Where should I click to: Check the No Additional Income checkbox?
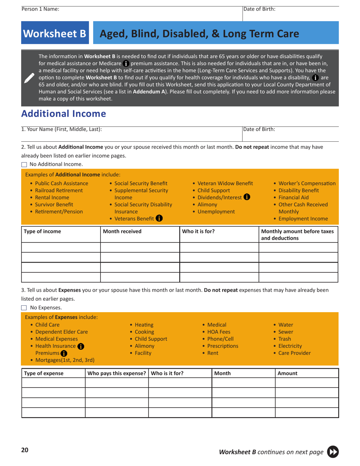pyautogui.click(x=24, y=164)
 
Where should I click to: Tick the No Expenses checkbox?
pyautogui.click(x=24, y=308)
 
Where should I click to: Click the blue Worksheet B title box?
pyautogui.click(x=55, y=34)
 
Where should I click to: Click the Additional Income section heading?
pyautogui.click(x=63, y=114)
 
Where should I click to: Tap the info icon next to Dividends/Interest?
pyautogui.click(x=247, y=197)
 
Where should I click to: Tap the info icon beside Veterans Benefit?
pyautogui.click(x=159, y=218)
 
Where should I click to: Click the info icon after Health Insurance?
pyautogui.click(x=80, y=346)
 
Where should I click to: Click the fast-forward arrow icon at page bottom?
pyautogui.click(x=333, y=452)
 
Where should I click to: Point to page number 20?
pyautogui.click(x=25, y=450)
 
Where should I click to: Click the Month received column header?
pyautogui.click(x=122, y=231)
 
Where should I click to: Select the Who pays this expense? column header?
pyautogui.click(x=116, y=373)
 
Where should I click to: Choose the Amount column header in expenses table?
pyautogui.click(x=287, y=373)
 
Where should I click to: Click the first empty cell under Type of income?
pyautogui.click(x=61, y=248)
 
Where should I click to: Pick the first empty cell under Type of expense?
pyautogui.click(x=53, y=383)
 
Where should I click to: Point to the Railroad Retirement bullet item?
pyautogui.click(x=59, y=190)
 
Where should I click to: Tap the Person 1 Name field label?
pyautogui.click(x=40, y=9)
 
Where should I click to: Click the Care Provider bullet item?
pyautogui.click(x=294, y=353)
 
